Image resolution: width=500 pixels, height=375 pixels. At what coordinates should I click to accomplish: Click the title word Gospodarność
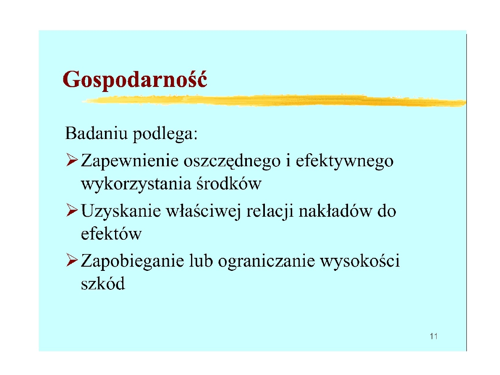(x=135, y=80)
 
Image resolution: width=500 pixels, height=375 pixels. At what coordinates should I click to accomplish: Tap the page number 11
(x=434, y=336)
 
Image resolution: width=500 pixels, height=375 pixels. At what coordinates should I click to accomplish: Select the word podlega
(x=165, y=134)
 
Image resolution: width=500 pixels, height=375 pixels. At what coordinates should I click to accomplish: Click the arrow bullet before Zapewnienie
(x=72, y=160)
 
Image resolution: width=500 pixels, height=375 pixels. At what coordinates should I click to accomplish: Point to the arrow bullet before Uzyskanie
(x=72, y=210)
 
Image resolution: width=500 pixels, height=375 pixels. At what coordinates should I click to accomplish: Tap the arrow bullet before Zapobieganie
(x=72, y=260)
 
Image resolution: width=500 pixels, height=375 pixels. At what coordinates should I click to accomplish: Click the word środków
(x=229, y=184)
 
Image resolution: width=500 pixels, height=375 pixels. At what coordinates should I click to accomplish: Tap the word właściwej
(x=204, y=211)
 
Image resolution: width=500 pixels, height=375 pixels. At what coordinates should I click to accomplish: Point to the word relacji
(x=270, y=212)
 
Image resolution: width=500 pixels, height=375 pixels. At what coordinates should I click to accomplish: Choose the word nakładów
(x=335, y=211)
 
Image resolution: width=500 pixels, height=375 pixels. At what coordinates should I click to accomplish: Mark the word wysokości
(x=360, y=262)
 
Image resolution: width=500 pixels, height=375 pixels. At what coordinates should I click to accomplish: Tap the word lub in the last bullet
(x=201, y=260)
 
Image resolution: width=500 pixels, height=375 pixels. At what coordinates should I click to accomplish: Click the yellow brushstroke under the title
(x=274, y=100)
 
